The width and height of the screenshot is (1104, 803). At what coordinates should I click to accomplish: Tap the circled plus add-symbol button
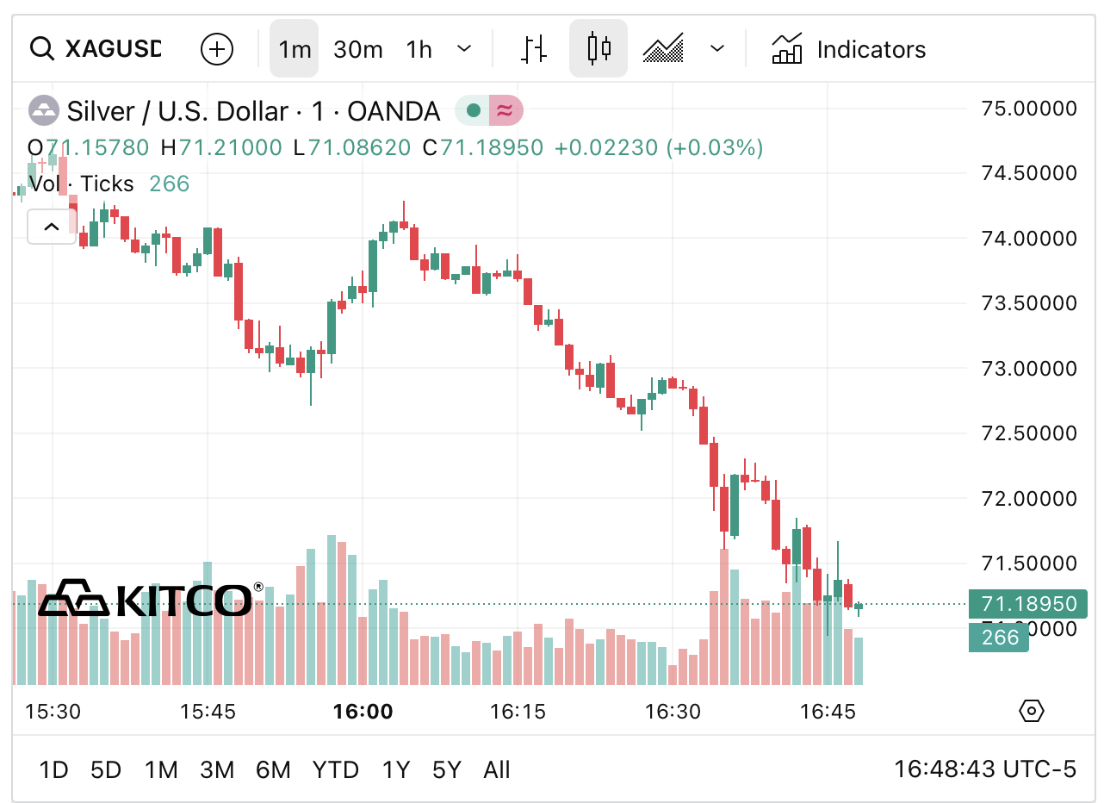pos(217,49)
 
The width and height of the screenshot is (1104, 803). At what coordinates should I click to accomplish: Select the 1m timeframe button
pos(295,49)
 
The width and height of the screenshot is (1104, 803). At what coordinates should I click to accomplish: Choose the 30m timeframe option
pos(357,49)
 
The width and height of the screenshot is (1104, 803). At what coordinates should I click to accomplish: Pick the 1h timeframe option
pos(419,49)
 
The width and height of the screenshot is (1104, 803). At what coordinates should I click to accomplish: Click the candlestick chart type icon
pos(599,49)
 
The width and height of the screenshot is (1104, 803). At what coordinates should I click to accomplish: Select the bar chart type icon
pos(534,49)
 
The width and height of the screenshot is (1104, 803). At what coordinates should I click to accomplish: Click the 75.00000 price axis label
pos(1029,109)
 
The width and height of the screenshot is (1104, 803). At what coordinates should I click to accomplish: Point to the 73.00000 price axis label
pos(1029,369)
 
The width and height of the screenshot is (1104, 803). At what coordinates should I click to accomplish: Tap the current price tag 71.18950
pos(1028,604)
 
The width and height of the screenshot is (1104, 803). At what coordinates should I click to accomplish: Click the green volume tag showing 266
pos(999,638)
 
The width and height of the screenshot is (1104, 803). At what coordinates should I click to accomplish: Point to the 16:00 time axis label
pos(363,712)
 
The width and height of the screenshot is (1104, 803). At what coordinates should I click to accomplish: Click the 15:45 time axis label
pos(208,712)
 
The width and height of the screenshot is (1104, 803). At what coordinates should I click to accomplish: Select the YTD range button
pos(335,769)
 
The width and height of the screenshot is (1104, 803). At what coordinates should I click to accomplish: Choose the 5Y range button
pos(446,769)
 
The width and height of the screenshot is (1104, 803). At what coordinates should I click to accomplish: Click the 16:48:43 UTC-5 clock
pos(984,769)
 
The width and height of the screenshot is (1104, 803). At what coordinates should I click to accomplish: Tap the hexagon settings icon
pos(1031,711)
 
